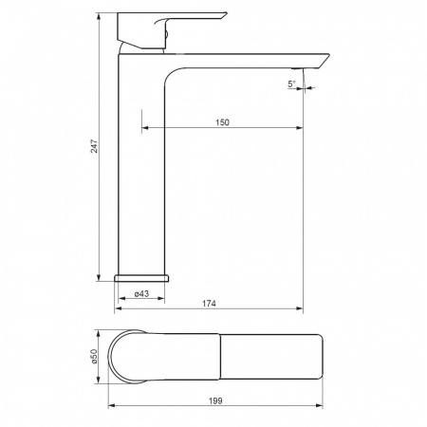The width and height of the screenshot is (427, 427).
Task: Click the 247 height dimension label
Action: pos(95,146)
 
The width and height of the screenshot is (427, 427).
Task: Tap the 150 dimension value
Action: pos(222,122)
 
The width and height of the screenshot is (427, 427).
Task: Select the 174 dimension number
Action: pos(209,304)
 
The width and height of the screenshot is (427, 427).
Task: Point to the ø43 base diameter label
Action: pos(141,294)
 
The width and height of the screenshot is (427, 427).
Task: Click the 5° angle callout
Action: pos(291,84)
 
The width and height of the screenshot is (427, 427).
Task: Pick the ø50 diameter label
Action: pos(95,357)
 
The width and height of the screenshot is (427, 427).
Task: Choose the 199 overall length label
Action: pos(215,400)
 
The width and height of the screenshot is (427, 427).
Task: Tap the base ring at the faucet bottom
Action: pos(141,278)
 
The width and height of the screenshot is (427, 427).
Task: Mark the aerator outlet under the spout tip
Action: pos(297,68)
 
